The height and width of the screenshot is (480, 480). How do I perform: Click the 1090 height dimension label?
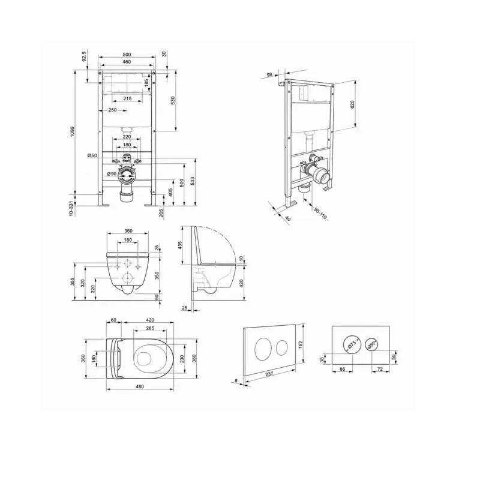[72, 131]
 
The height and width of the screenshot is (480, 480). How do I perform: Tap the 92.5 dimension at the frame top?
[84, 56]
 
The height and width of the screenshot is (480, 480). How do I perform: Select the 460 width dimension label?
[127, 62]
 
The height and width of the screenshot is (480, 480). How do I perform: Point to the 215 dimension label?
[127, 98]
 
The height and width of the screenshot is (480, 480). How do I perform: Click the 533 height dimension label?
[193, 181]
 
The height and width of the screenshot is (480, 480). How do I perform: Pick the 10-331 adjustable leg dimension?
[71, 208]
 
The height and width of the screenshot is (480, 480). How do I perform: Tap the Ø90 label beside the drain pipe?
[112, 174]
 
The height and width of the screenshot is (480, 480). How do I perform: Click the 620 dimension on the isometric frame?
[352, 104]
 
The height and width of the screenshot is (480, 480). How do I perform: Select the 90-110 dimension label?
[321, 214]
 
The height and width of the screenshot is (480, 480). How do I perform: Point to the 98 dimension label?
[269, 74]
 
